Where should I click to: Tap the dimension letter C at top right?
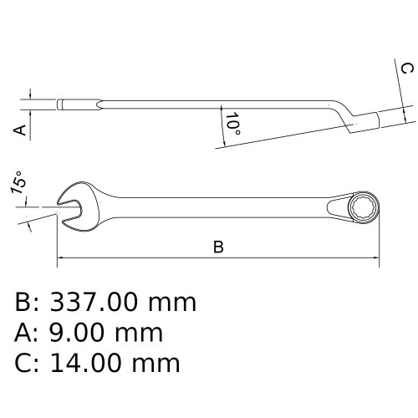(405, 68)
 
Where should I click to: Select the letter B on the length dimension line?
(218, 247)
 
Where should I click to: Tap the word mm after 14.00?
(159, 363)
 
